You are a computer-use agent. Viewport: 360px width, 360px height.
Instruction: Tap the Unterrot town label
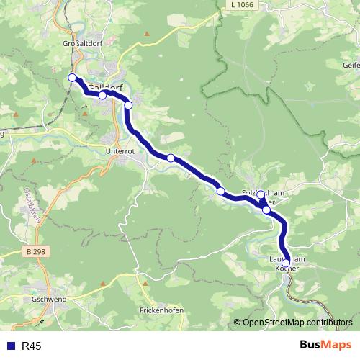point(120,152)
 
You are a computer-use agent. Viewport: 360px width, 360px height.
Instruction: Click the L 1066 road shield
point(243,5)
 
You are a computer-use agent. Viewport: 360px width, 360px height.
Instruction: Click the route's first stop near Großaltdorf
point(72,78)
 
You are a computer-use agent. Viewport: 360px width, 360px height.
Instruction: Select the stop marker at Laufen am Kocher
point(286,264)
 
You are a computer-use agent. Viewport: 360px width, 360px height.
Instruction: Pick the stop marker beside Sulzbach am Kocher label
point(261,194)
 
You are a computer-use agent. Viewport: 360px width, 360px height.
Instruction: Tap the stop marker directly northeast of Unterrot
point(171,158)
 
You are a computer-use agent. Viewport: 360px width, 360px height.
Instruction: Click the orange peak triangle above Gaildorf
point(147,33)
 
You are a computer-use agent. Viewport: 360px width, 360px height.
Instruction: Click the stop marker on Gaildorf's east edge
point(129,105)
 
